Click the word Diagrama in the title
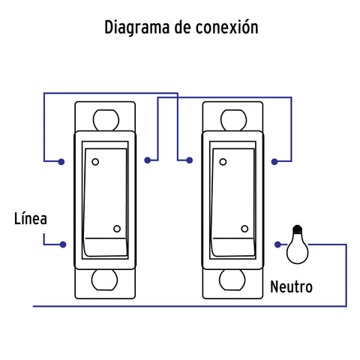coord(137,28)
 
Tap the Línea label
coord(31,218)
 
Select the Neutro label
coord(291,286)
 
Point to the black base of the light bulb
coord(297,229)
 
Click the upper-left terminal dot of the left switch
coord(61,162)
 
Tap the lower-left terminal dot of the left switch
coord(63,244)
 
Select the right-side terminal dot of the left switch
coord(148,160)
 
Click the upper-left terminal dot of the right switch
coord(190,160)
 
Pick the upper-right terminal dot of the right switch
coord(274,162)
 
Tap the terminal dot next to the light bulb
coord(277,244)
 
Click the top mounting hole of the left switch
coord(106,120)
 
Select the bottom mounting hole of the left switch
coord(104,280)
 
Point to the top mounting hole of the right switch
coord(233,120)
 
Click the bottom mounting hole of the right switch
coord(232,280)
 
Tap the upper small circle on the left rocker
coord(95,162)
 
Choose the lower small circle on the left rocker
coord(117,229)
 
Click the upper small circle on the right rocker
coord(223,162)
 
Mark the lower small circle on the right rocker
coord(244,229)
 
